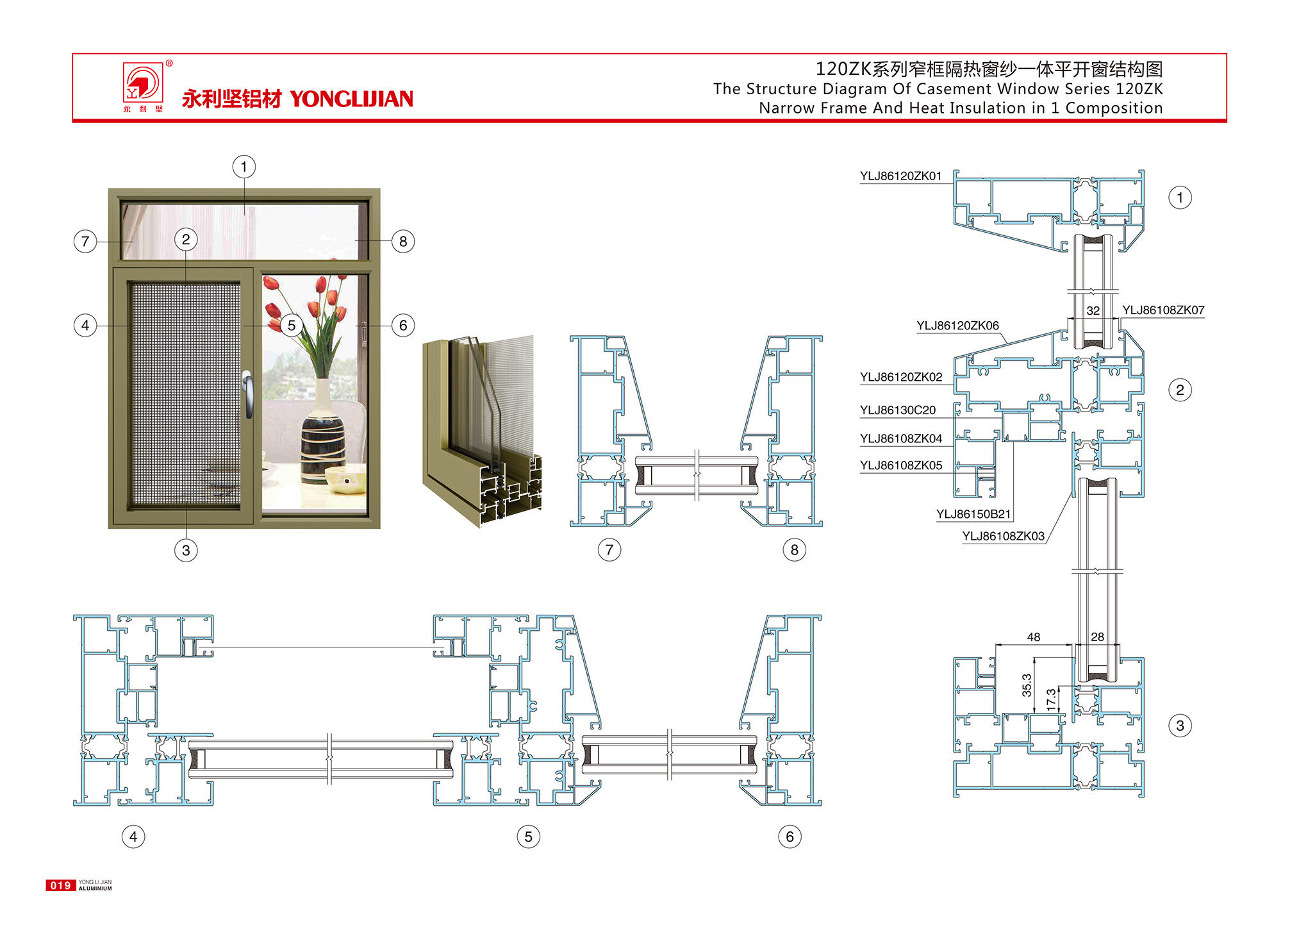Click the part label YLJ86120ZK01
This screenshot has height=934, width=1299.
click(x=900, y=176)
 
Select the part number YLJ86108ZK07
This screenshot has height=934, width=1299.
click(x=1162, y=310)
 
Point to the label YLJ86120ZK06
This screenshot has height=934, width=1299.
click(x=957, y=326)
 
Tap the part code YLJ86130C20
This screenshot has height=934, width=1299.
click(x=897, y=410)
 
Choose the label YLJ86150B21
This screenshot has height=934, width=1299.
click(x=973, y=514)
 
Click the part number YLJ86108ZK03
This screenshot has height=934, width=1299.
click(x=1003, y=537)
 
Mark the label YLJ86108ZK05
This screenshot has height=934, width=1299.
click(x=900, y=465)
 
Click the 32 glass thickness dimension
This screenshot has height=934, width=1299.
click(x=1093, y=311)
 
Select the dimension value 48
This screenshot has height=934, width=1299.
click(x=1033, y=637)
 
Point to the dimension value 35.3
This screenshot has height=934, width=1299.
click(x=1027, y=685)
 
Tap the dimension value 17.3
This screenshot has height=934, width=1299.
click(x=1051, y=699)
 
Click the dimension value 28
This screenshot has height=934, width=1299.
click(x=1097, y=637)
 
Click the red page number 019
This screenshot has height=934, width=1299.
click(x=60, y=885)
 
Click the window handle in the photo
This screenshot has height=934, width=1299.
click(x=248, y=392)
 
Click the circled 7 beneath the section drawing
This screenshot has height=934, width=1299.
click(x=609, y=550)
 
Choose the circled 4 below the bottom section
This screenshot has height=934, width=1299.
click(x=133, y=837)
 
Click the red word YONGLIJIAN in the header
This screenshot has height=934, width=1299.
click(x=351, y=99)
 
